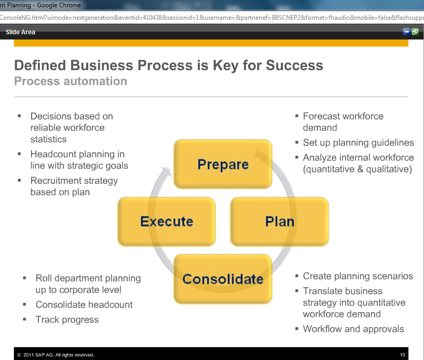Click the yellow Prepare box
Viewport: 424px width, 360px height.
223,164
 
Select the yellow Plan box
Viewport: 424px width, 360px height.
280,221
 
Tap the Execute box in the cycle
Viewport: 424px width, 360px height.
167,221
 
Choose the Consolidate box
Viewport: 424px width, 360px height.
223,279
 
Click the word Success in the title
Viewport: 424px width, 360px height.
294,65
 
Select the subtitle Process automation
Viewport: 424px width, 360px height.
71,81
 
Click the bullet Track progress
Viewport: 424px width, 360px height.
67,319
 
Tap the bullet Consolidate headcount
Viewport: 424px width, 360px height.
84,304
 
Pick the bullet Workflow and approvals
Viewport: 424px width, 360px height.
353,329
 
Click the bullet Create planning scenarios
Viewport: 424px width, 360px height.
358,276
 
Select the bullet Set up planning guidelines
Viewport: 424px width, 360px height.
358,142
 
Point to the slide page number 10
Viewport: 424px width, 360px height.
402,355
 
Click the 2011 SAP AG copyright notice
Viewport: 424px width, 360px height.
56,355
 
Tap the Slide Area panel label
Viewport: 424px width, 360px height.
20,32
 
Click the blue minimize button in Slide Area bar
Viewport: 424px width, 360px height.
406,32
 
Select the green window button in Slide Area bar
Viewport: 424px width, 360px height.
415,32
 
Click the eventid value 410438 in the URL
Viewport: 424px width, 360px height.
152,18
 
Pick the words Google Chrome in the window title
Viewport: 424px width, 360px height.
59,5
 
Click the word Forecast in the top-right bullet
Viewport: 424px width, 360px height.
320,116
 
